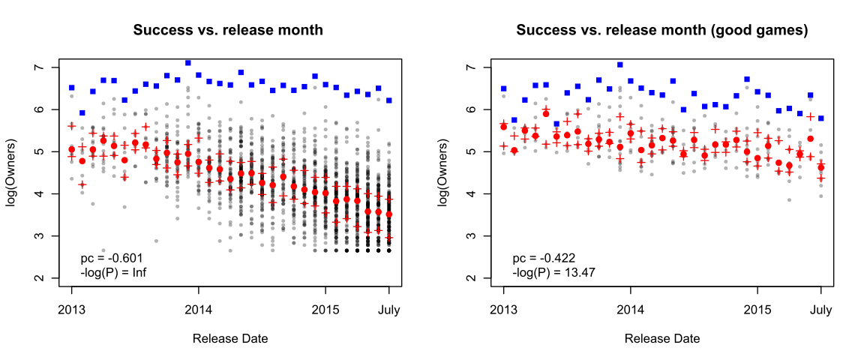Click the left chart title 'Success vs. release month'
(228, 31)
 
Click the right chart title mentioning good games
(661, 31)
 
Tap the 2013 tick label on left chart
(72, 309)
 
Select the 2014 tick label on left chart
(199, 309)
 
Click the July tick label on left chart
(388, 309)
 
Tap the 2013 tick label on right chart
(504, 309)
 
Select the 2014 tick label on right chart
(631, 309)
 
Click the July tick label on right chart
(820, 309)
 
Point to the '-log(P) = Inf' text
(113, 271)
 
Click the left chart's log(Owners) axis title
(13, 172)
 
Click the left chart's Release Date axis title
(230, 338)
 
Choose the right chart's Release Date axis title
(662, 338)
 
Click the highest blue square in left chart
(188, 63)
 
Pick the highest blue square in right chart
(620, 64)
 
